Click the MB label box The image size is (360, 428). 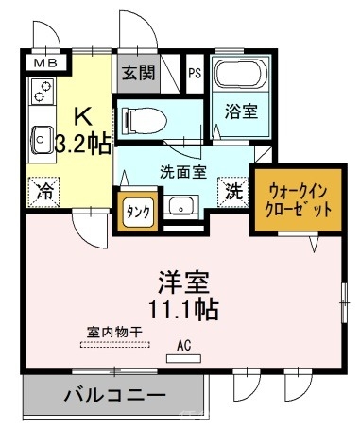tap(44, 62)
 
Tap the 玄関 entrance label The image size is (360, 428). tap(136, 74)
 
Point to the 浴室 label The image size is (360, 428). tap(239, 111)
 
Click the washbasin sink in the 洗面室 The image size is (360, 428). tap(179, 205)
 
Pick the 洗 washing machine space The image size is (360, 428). tap(231, 190)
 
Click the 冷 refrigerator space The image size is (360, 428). tap(44, 190)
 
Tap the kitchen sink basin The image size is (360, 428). tap(42, 139)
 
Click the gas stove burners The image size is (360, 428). tap(42, 92)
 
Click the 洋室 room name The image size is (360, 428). tap(182, 282)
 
